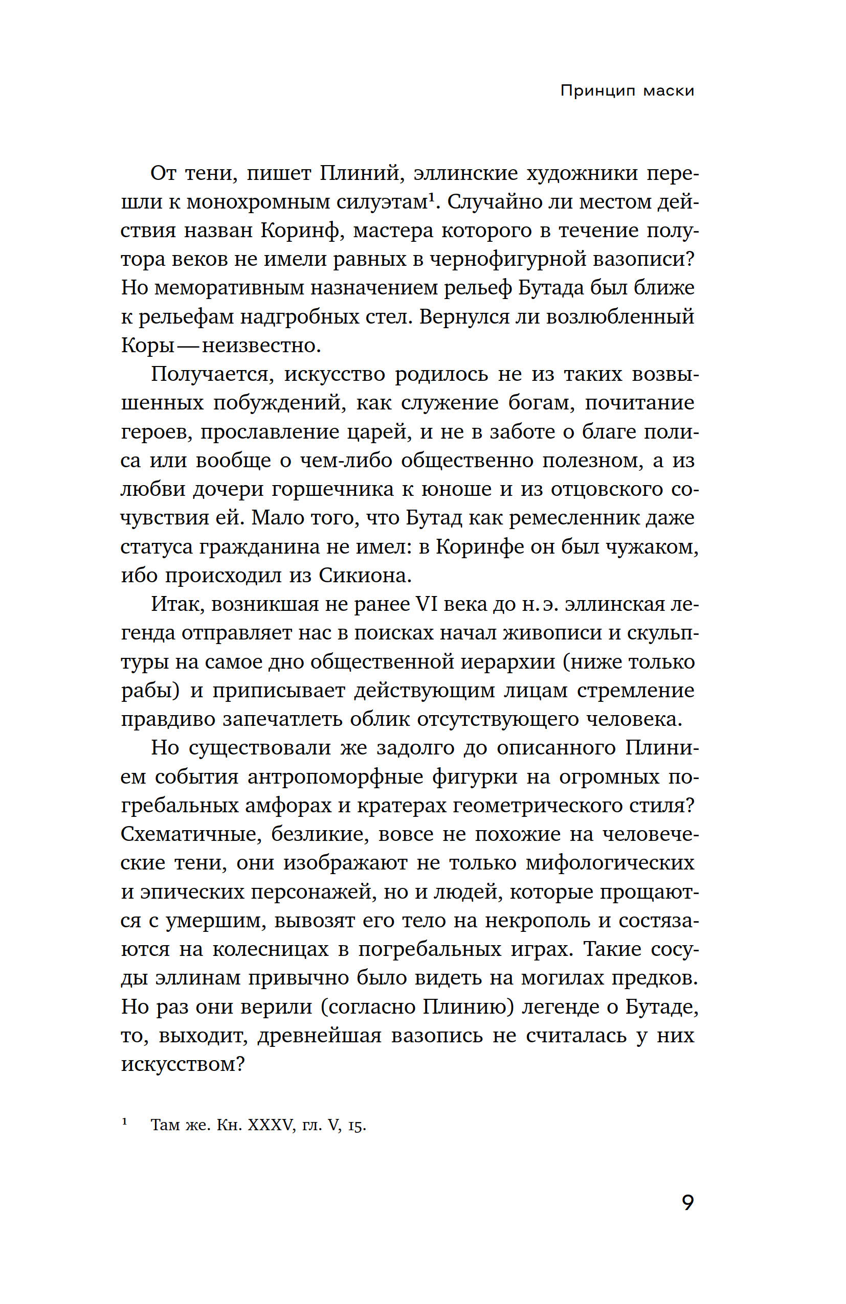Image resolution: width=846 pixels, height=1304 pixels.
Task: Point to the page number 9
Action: (687, 1203)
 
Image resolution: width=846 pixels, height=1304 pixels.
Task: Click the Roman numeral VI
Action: (427, 604)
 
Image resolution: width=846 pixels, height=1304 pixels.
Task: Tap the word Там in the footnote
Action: (165, 1126)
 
